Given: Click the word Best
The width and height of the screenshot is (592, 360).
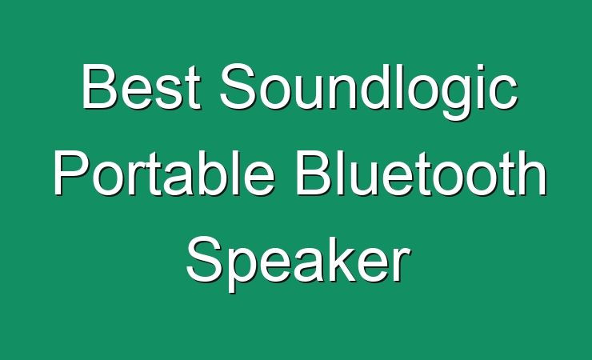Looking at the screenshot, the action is [x=141, y=86].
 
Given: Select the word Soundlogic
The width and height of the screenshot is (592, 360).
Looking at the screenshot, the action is [x=369, y=91].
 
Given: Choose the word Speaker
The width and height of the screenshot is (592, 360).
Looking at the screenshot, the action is [x=298, y=263].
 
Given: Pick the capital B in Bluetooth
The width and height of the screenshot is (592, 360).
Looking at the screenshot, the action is [x=314, y=173].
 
